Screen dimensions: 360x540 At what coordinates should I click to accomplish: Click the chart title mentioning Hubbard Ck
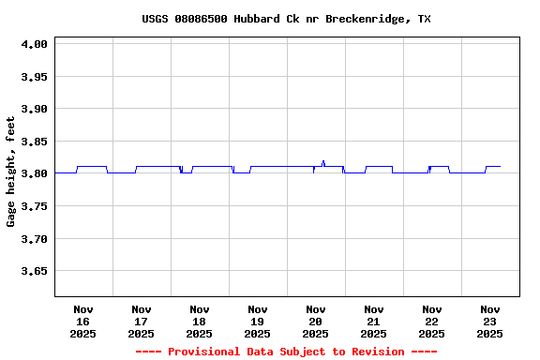click(x=286, y=19)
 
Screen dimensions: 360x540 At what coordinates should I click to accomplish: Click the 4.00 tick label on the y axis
click(x=34, y=44)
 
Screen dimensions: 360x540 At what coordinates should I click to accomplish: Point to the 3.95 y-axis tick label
click(x=34, y=77)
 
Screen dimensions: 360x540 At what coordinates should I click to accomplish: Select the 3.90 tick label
click(x=34, y=109)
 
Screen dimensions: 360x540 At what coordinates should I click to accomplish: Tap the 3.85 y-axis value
click(x=34, y=142)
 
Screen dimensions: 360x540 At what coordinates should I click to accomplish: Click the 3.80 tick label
click(x=34, y=173)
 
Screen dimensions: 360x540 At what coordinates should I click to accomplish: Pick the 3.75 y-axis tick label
click(x=34, y=206)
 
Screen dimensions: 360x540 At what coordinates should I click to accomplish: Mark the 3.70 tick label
click(x=34, y=239)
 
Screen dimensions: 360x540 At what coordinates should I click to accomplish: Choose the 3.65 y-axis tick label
click(x=34, y=271)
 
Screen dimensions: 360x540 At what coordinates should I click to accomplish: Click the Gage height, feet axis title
click(x=11, y=172)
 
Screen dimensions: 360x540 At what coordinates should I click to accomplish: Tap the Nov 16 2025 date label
click(x=83, y=321)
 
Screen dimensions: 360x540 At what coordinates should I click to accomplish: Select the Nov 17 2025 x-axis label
click(x=142, y=321)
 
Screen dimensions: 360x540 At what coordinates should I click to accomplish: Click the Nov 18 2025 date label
click(x=200, y=321)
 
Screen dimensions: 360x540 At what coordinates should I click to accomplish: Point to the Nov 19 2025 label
click(x=258, y=321)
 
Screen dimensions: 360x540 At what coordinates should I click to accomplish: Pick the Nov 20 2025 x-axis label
click(x=316, y=321)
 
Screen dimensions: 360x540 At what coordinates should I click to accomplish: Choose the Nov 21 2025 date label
click(x=374, y=321)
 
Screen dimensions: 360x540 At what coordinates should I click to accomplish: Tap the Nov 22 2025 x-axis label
click(x=432, y=321)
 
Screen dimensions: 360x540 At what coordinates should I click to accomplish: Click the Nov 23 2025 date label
click(x=490, y=321)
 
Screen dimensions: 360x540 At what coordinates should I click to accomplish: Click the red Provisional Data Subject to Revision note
click(x=286, y=352)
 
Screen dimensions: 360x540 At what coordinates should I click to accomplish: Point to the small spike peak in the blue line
click(x=323, y=161)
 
